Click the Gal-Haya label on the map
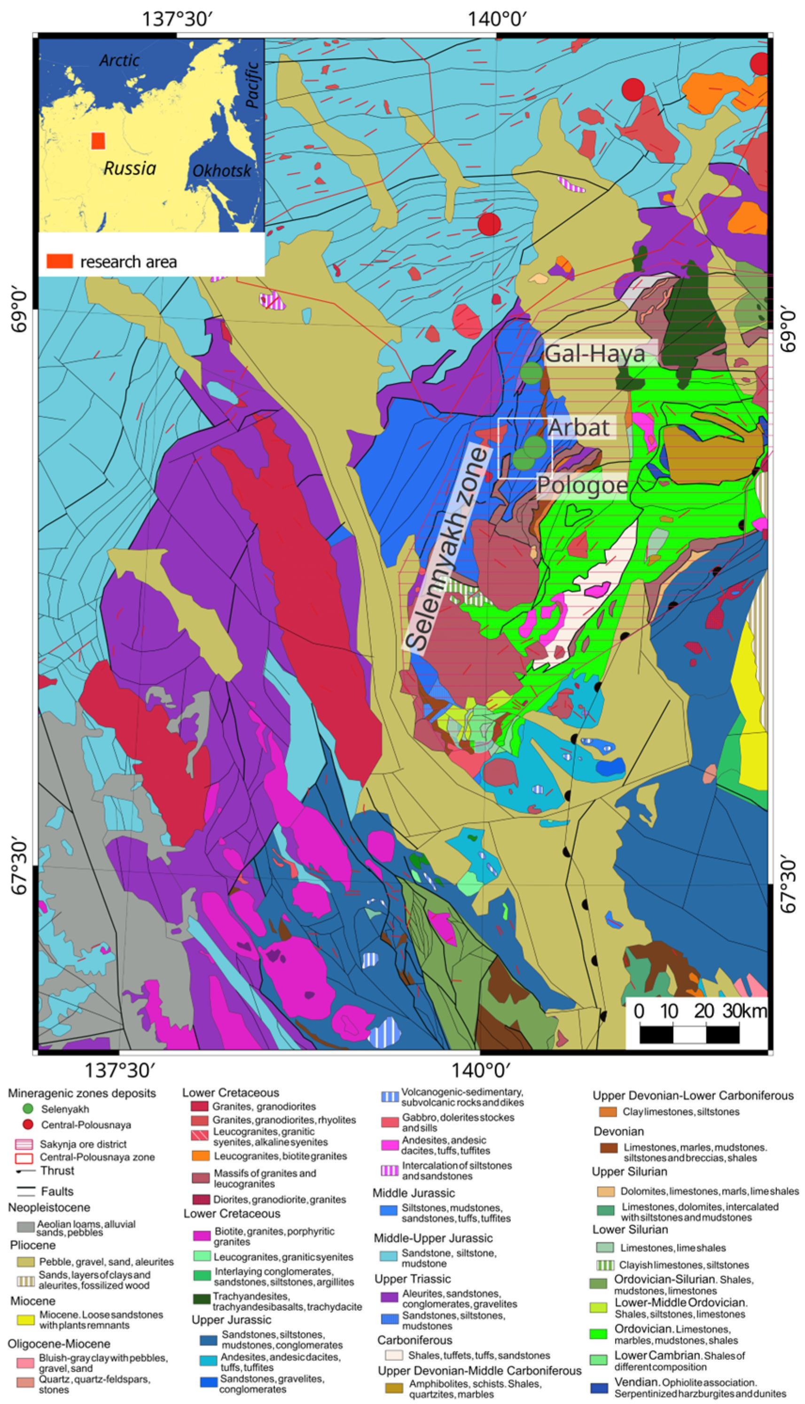(x=595, y=354)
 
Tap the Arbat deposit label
(x=579, y=428)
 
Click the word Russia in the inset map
(x=130, y=168)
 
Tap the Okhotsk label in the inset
(x=222, y=171)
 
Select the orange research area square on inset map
(x=98, y=141)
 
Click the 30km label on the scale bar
(x=744, y=1011)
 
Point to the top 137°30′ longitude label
(x=177, y=19)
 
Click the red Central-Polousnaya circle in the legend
(x=28, y=1125)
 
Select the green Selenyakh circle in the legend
(x=28, y=1109)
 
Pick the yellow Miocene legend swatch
(x=25, y=1319)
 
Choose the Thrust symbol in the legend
(x=25, y=1171)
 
